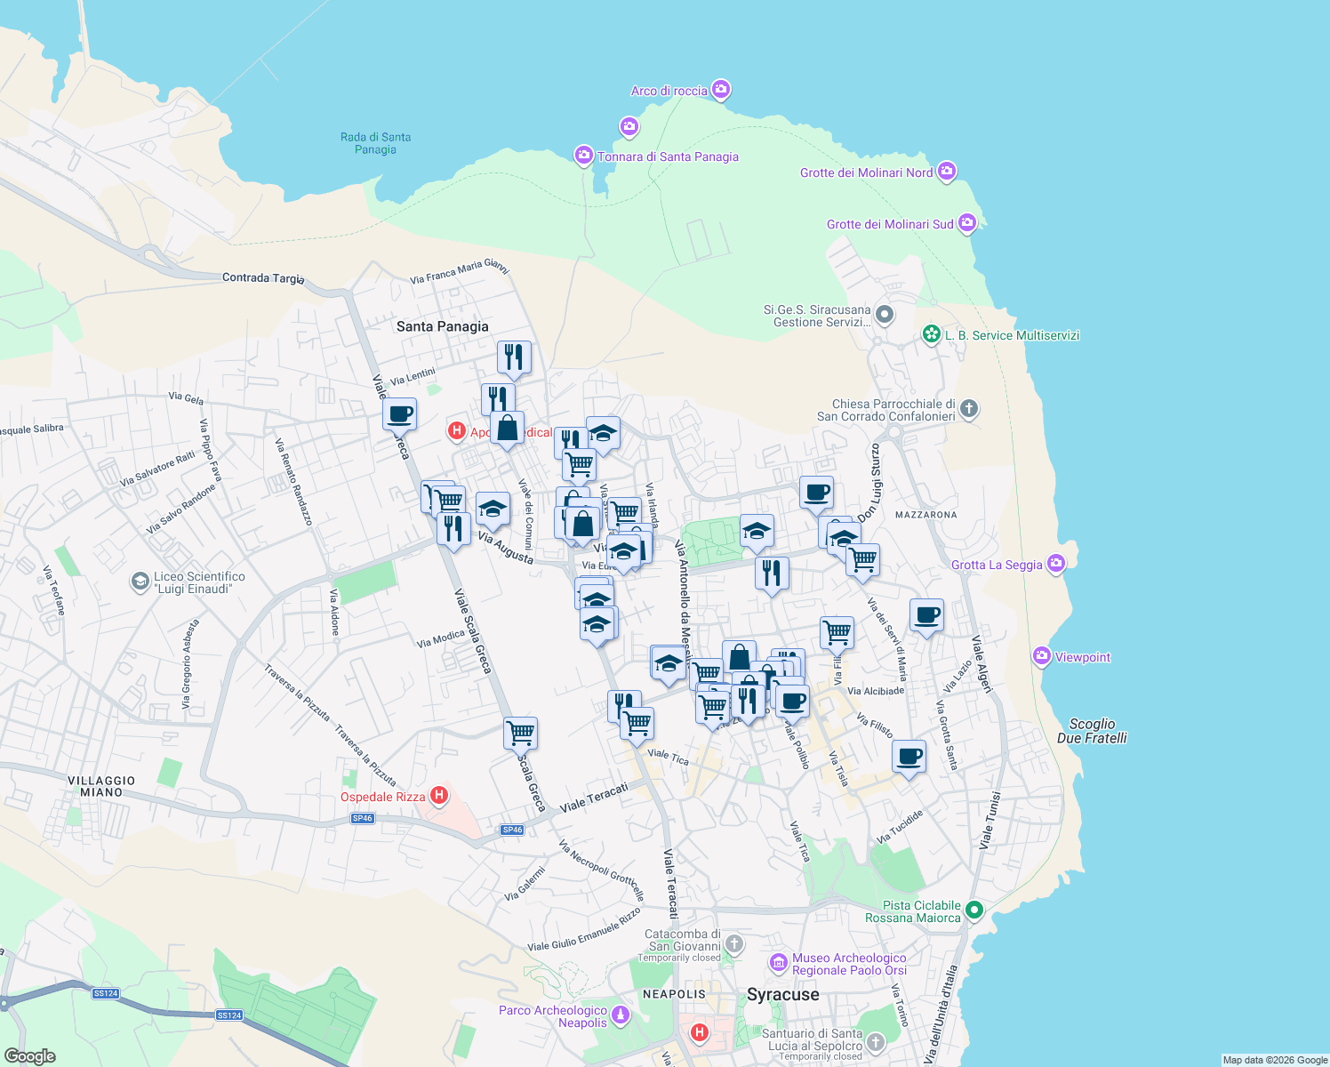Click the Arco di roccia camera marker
click(x=721, y=89)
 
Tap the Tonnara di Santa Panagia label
click(x=668, y=156)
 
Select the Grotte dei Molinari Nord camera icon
click(x=947, y=171)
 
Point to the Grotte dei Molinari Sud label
click(x=890, y=224)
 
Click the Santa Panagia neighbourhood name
click(x=442, y=326)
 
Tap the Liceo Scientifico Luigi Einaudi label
click(x=199, y=582)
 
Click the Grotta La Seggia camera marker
click(x=1056, y=563)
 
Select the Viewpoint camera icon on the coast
click(x=1042, y=656)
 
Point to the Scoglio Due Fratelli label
click(x=1092, y=731)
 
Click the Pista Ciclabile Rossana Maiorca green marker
click(x=974, y=909)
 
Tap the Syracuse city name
click(x=782, y=994)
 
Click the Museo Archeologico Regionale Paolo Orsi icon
click(x=779, y=963)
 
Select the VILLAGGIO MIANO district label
click(x=101, y=786)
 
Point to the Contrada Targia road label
click(x=263, y=277)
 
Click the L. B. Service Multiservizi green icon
click(x=931, y=334)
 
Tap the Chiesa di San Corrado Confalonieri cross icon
click(x=969, y=408)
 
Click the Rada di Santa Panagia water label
click(x=375, y=143)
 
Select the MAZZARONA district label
click(x=925, y=515)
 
